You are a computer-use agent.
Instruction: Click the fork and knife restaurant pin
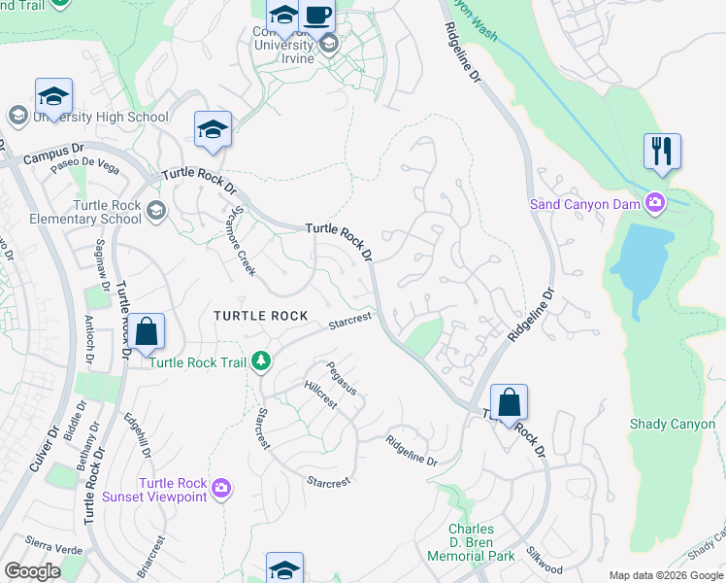pos(662,152)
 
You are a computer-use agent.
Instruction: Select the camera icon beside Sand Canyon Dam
pos(655,203)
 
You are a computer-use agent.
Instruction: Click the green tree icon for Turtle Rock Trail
pos(260,362)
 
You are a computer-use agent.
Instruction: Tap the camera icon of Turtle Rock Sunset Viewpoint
pos(220,486)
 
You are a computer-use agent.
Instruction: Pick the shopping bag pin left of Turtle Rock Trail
pos(146,332)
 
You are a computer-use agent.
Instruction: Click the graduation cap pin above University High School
pos(53,96)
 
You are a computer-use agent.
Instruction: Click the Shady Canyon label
pos(673,424)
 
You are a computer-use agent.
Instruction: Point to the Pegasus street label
pos(342,378)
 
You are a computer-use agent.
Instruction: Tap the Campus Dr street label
pos(54,154)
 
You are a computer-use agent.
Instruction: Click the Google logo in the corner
pos(32,570)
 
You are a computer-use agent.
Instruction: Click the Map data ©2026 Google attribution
pos(665,575)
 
